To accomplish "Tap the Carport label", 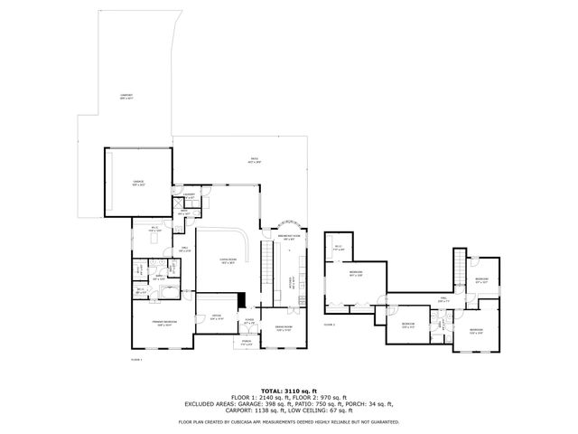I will click(x=126, y=97).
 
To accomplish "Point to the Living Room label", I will click(x=228, y=259).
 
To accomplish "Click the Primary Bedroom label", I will click(x=163, y=324).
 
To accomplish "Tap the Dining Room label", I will click(x=283, y=328).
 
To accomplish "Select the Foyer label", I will click(x=249, y=320).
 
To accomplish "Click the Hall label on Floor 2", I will click(x=444, y=299).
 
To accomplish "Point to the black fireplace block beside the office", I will click(x=242, y=301).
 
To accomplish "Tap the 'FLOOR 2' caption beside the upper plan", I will click(x=329, y=324).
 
